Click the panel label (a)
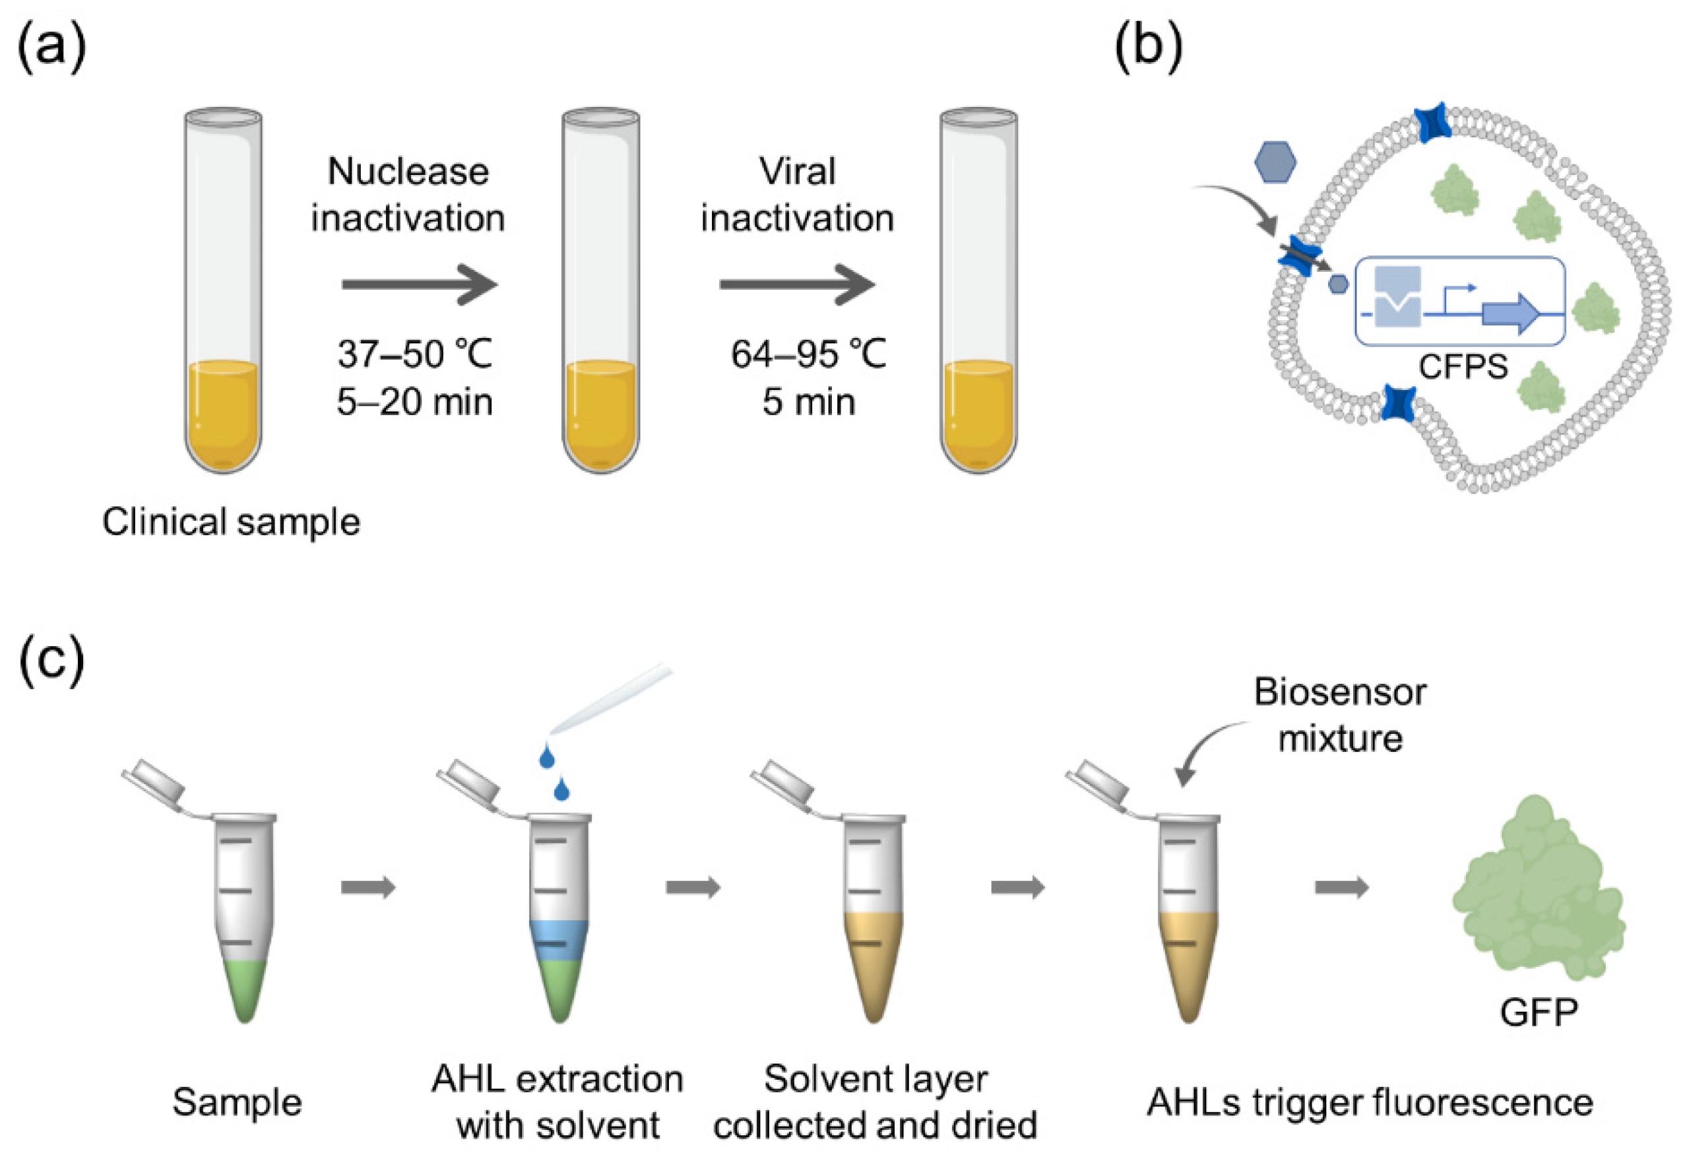51,49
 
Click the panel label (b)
1149,49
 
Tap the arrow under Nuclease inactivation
420,284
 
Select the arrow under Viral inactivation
797,284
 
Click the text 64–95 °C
808,354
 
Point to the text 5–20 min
414,401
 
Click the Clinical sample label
231,522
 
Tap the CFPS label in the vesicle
1463,366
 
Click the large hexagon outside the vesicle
1275,162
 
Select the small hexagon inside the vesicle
1338,284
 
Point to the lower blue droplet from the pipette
561,789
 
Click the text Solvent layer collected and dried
875,1102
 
